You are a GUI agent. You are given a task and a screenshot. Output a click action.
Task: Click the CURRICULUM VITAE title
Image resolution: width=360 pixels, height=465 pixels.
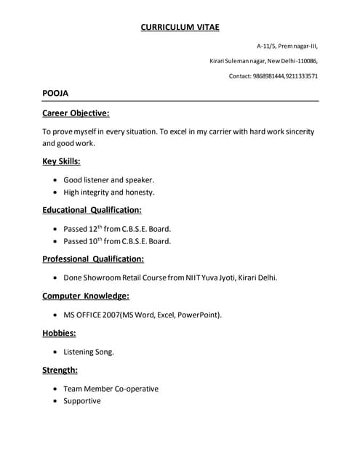click(180, 27)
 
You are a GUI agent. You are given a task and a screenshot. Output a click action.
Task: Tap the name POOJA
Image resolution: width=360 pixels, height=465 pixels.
click(55, 93)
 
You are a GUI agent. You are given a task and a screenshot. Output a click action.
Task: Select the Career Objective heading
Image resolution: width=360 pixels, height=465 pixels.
click(76, 113)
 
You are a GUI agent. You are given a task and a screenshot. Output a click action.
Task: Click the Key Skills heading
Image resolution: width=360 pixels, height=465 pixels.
click(61, 161)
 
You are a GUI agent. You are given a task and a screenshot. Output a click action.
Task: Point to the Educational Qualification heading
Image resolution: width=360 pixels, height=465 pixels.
click(92, 210)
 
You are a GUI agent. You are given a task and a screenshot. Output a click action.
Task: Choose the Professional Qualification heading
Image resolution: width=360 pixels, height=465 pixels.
click(93, 259)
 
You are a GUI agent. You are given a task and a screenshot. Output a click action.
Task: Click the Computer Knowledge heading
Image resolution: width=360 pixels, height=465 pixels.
click(86, 296)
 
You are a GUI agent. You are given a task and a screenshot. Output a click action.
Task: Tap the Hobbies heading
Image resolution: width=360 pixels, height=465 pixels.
click(59, 333)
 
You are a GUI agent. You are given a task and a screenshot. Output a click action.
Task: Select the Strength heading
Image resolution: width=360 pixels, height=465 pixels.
click(60, 370)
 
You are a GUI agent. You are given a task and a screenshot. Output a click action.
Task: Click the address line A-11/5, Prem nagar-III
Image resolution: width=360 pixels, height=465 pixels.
click(287, 45)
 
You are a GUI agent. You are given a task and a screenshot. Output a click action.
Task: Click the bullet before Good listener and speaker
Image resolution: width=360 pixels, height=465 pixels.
click(56, 179)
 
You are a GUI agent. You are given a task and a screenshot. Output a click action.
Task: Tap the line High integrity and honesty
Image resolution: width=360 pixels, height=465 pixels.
click(109, 193)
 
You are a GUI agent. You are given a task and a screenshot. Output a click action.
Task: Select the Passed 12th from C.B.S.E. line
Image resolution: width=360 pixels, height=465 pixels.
click(117, 228)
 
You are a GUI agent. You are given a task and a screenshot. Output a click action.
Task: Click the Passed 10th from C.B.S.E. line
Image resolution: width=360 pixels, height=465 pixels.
click(117, 241)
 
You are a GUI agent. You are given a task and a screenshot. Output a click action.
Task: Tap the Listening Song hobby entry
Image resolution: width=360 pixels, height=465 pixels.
click(89, 352)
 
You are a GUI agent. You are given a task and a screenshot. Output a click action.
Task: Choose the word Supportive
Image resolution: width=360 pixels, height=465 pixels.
click(82, 401)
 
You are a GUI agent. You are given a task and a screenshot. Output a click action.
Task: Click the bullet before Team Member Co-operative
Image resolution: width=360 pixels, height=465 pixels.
click(56, 389)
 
